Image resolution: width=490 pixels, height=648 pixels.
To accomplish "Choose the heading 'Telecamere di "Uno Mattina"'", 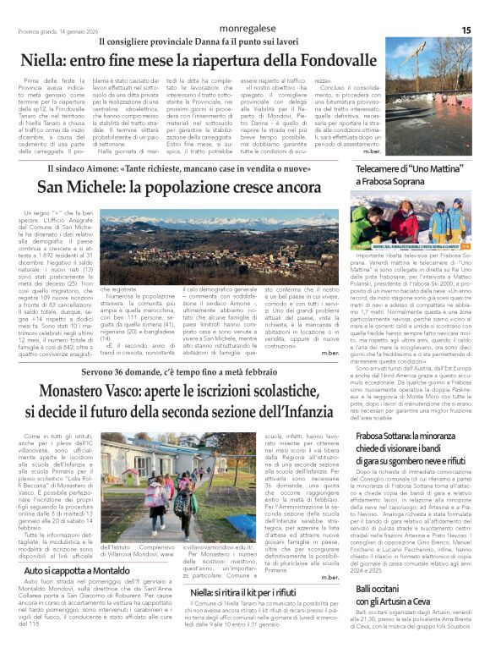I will click(x=399, y=169).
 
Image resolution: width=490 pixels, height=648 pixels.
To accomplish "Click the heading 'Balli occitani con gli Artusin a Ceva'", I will click(x=384, y=593).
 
